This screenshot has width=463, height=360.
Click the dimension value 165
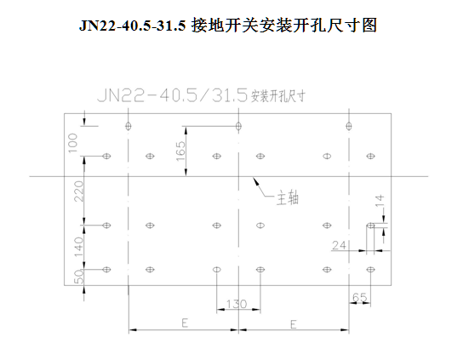pyautogui.click(x=180, y=151)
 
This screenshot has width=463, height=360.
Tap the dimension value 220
pyautogui.click(x=79, y=191)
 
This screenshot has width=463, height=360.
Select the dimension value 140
pyautogui.click(x=79, y=247)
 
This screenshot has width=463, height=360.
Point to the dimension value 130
pyautogui.click(x=237, y=304)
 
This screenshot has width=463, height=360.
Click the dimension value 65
pyautogui.click(x=359, y=297)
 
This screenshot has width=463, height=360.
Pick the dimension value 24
pyautogui.click(x=339, y=245)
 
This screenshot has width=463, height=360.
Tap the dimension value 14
pyautogui.click(x=380, y=201)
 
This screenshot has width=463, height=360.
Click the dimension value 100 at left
pyautogui.click(x=72, y=143)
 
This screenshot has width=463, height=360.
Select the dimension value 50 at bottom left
pyautogui.click(x=79, y=277)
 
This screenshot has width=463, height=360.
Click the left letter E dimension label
pyautogui.click(x=185, y=323)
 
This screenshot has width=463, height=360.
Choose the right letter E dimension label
pyautogui.click(x=294, y=324)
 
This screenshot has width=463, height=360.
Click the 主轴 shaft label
pyautogui.click(x=288, y=198)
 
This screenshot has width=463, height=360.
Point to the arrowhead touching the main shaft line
pyautogui.click(x=255, y=180)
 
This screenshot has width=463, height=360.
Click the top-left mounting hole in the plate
pyautogui.click(x=129, y=126)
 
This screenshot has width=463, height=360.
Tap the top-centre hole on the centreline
pyautogui.click(x=238, y=126)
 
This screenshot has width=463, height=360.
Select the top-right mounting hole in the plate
pyautogui.click(x=349, y=126)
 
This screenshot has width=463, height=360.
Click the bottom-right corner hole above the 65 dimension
pyautogui.click(x=370, y=269)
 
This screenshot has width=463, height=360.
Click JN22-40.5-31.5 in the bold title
pyautogui.click(x=132, y=26)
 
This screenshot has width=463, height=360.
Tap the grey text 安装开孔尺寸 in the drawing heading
pyautogui.click(x=278, y=96)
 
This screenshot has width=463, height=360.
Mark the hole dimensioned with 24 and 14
pyautogui.click(x=370, y=226)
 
